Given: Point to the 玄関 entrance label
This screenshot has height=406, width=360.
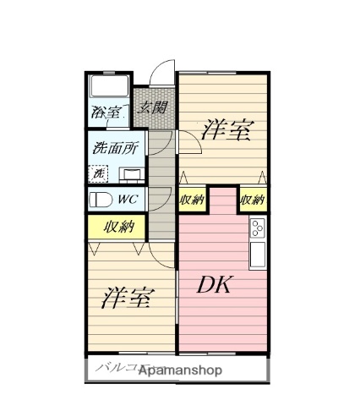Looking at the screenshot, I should pyautogui.click(x=153, y=107).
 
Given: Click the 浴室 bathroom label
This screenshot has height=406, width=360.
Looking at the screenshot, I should pyautogui.click(x=106, y=112).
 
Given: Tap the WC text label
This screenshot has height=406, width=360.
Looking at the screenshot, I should pyautogui.click(x=129, y=200).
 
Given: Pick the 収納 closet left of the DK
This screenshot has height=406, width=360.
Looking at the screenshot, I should pyautogui.click(x=192, y=200).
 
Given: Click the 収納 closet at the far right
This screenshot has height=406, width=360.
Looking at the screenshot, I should pyautogui.click(x=252, y=200).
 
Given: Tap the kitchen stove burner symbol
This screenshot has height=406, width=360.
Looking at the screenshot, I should pyautogui.click(x=258, y=228).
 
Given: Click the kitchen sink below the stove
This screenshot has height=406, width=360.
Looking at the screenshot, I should pyautogui.click(x=258, y=251).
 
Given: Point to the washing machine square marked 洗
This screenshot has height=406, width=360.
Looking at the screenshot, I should pyautogui.click(x=100, y=173).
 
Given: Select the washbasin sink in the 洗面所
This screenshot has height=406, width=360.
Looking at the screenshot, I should pyautogui.click(x=130, y=174).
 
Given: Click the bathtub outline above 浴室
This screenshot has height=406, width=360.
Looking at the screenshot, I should pyautogui.click(x=108, y=87).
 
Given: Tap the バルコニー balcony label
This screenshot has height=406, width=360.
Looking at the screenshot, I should pyautogui.click(x=117, y=369).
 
